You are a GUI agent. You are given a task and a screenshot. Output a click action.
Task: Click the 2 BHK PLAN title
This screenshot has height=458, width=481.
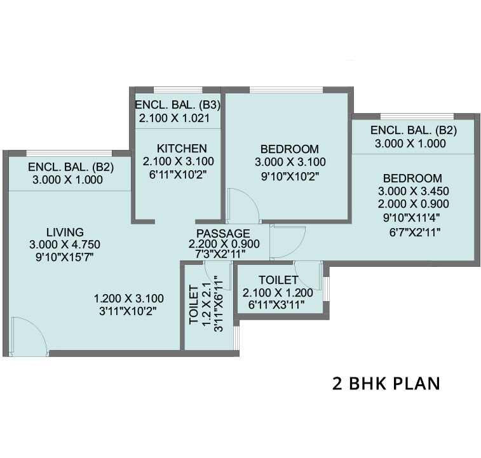(386, 384)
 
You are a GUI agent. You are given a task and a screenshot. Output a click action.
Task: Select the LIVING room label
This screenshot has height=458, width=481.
(65, 232)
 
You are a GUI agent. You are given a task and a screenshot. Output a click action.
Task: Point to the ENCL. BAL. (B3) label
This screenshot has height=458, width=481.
(177, 105)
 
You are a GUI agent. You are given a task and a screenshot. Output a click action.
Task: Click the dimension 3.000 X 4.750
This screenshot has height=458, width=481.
(65, 245)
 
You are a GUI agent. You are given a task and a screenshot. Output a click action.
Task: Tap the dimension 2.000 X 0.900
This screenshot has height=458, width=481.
(414, 204)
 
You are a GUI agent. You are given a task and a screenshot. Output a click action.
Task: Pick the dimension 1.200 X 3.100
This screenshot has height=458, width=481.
(129, 298)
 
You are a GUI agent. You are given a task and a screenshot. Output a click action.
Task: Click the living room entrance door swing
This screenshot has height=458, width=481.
(29, 335)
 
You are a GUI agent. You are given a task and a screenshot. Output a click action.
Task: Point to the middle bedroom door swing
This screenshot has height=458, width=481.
(241, 205)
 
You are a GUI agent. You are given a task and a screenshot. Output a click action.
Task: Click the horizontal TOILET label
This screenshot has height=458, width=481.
(278, 280)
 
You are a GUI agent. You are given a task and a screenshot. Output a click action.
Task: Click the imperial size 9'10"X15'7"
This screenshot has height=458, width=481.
(65, 257)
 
